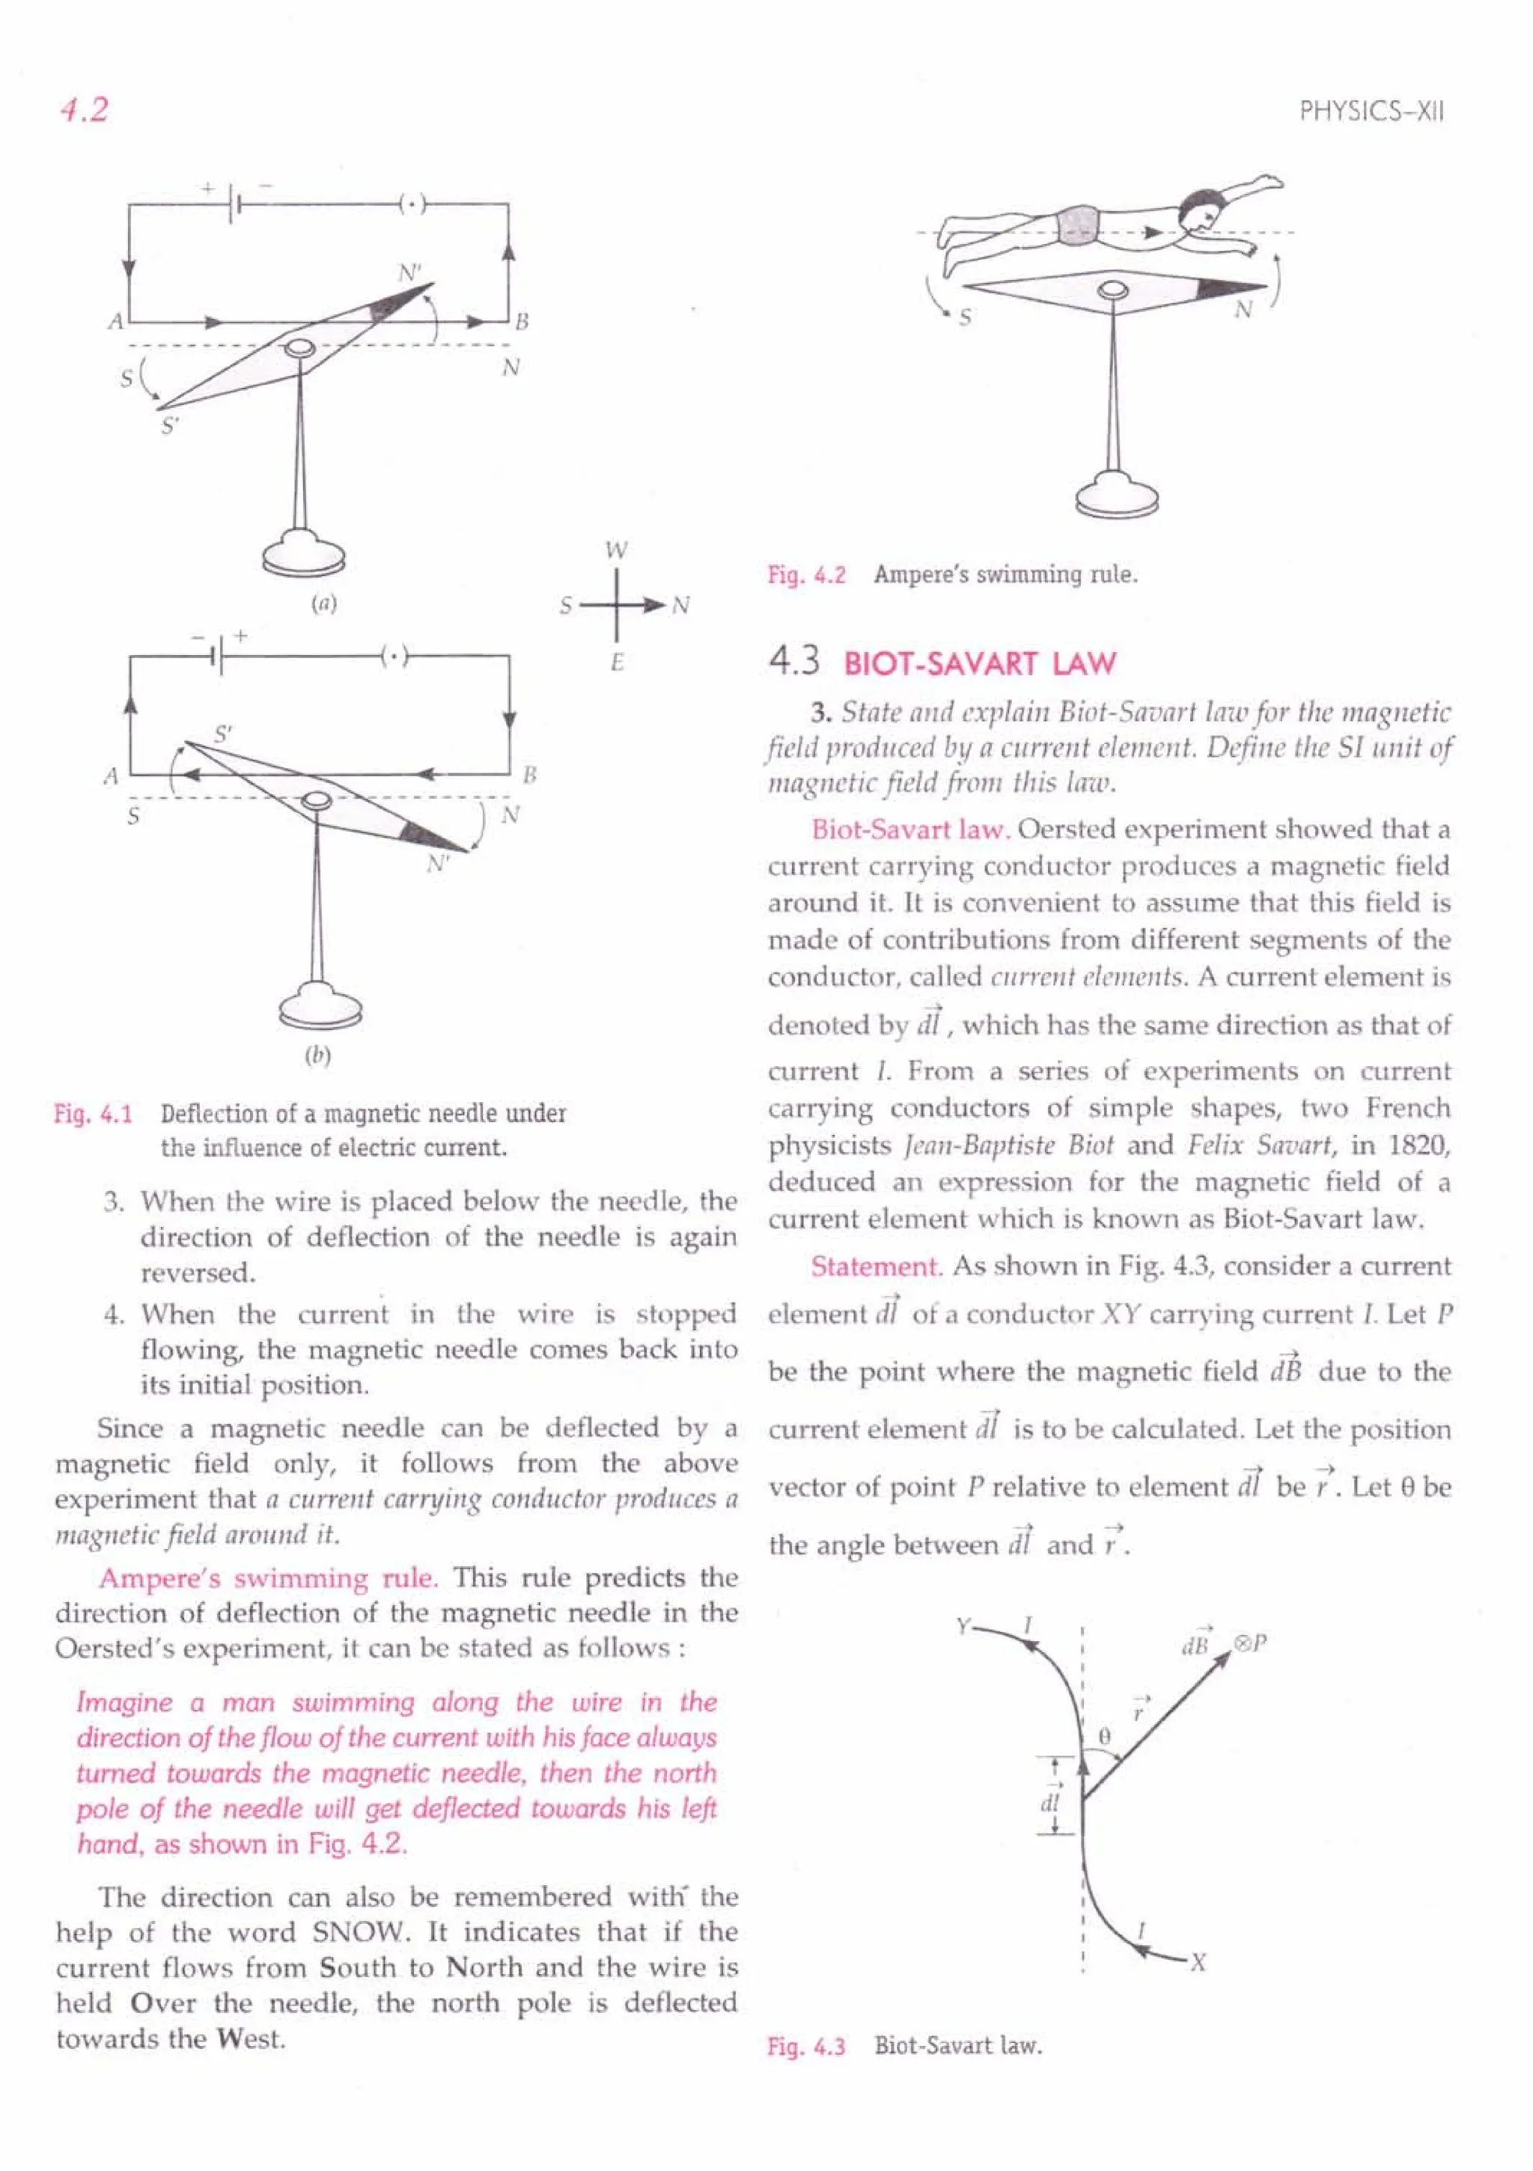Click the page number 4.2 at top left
83,110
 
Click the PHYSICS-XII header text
1371,112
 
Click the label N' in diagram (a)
409,273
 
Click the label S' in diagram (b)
223,733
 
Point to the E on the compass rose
617,663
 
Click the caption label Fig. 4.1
93,1113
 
